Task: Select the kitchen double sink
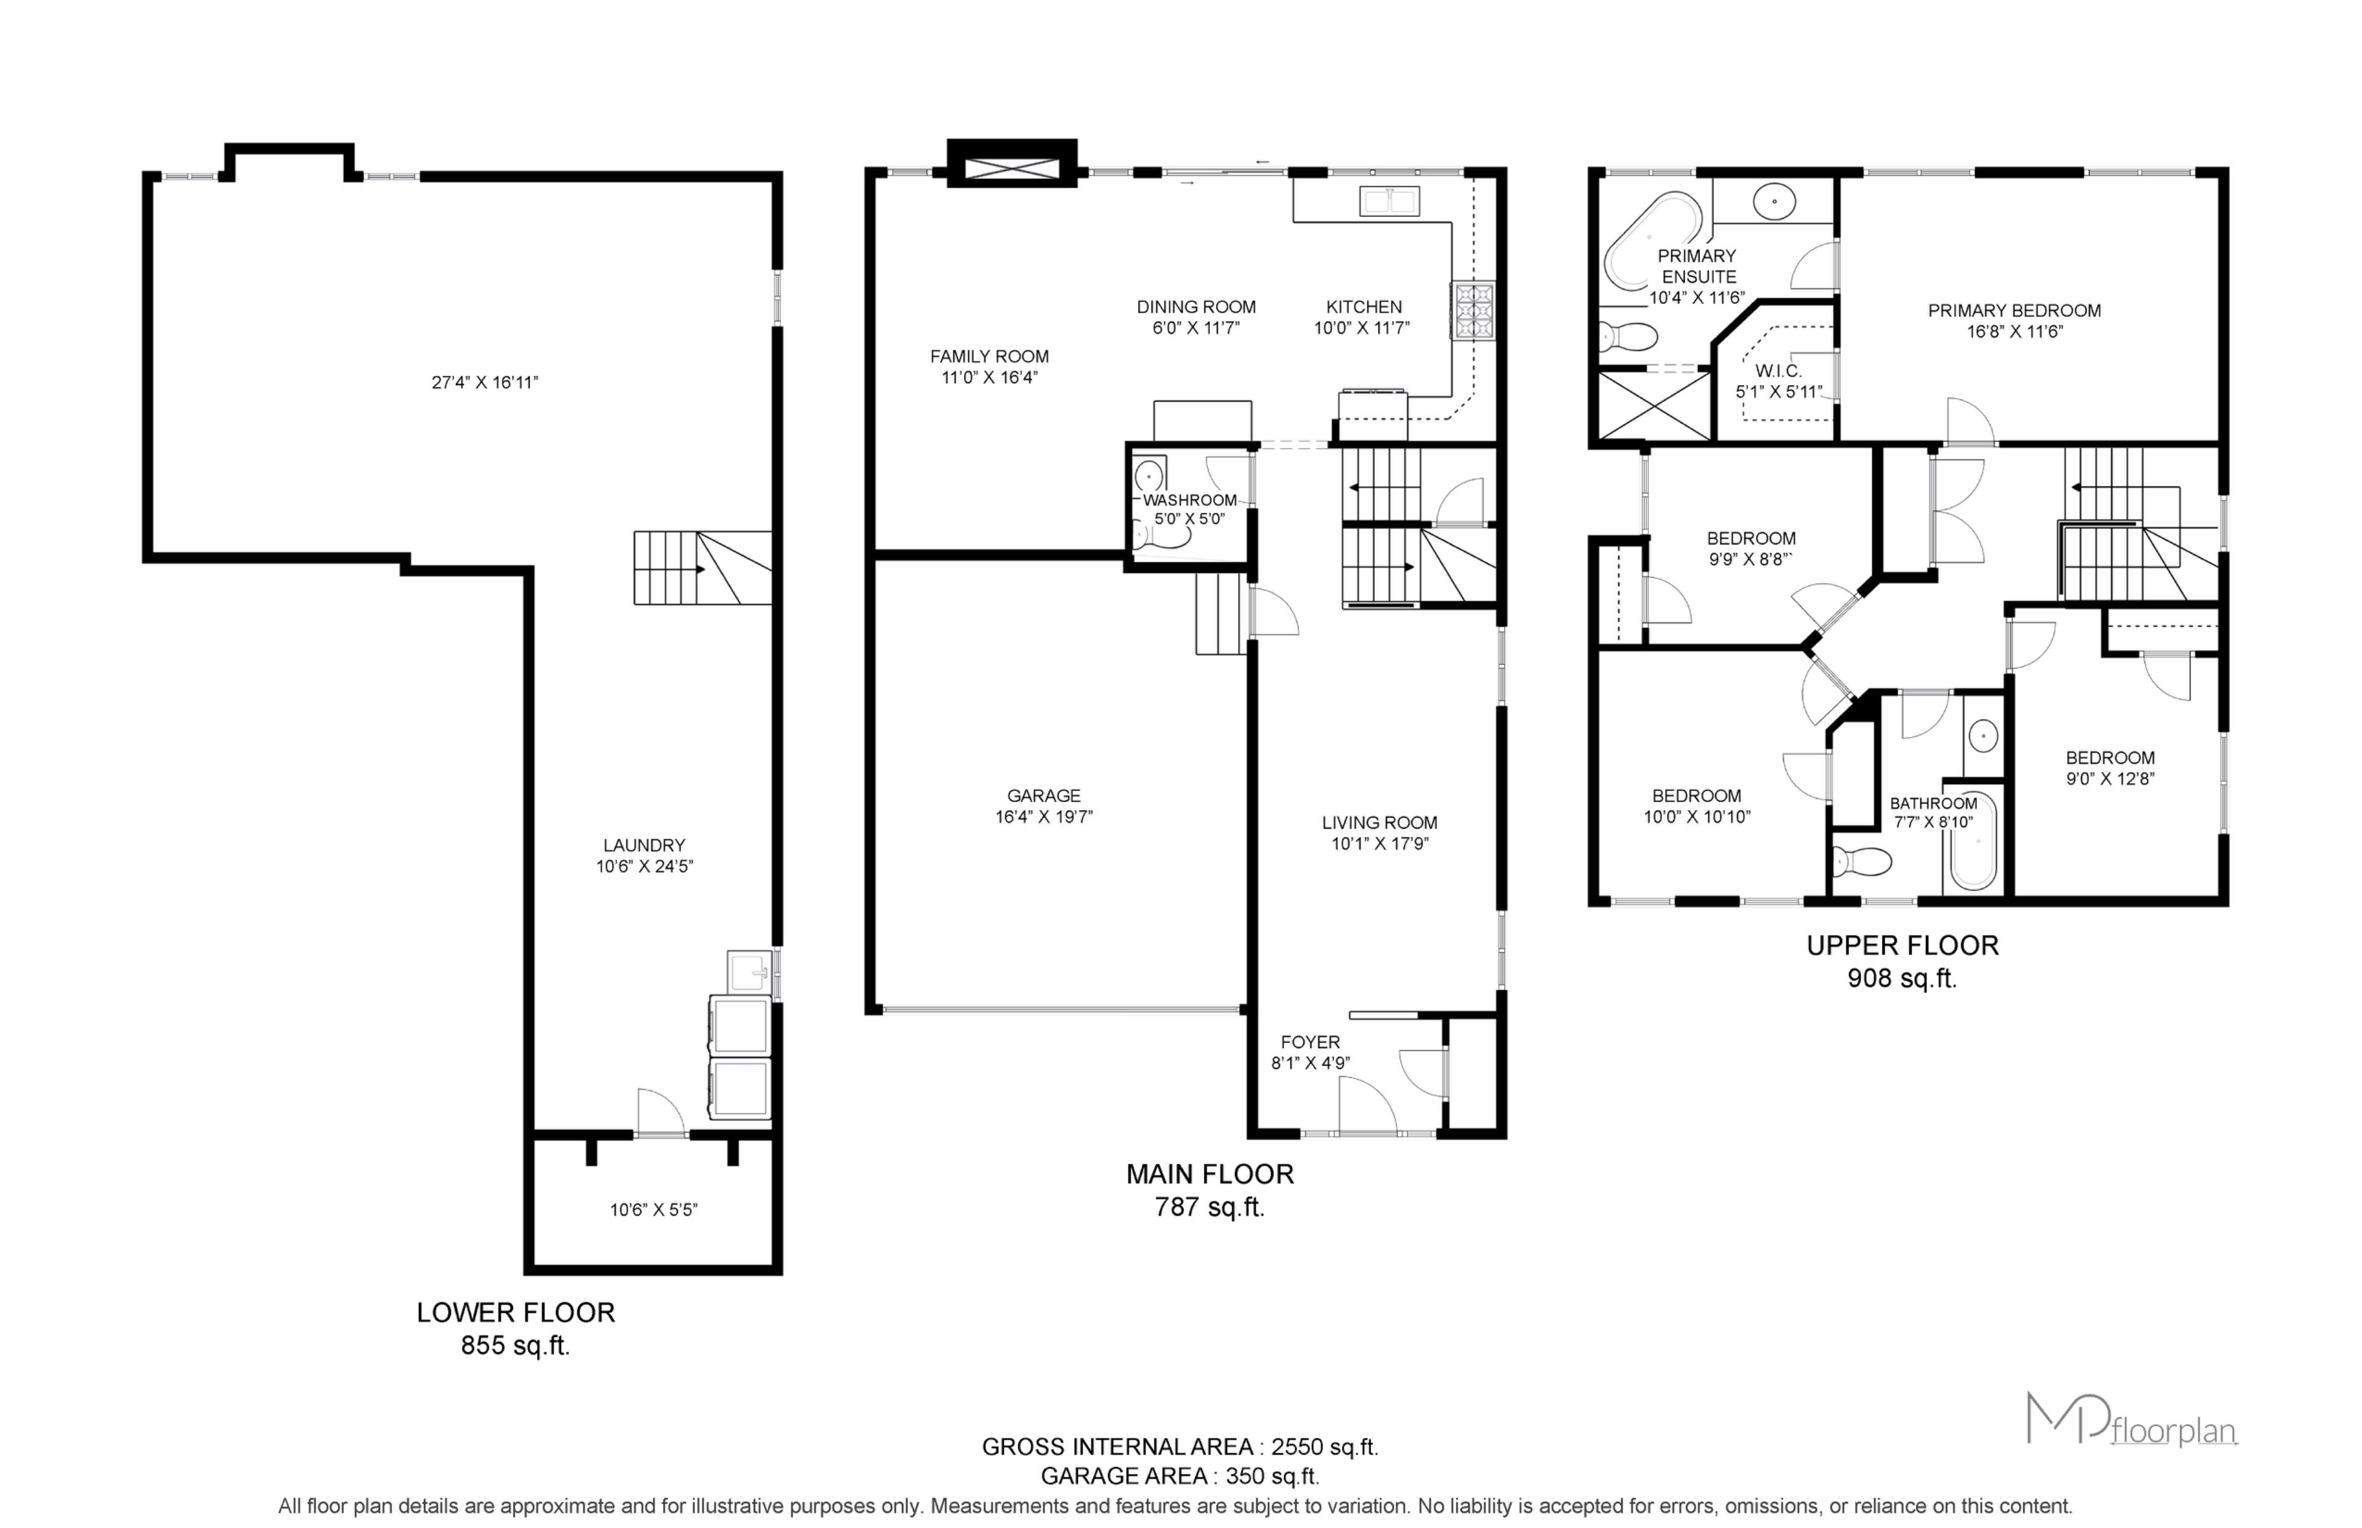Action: click(1389, 201)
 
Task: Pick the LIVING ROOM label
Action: click(1379, 822)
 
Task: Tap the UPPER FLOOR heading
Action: click(1902, 945)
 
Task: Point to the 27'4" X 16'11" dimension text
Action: click(485, 382)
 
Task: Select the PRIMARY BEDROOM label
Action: click(2014, 311)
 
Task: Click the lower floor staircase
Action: click(702, 568)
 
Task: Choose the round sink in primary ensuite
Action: click(1774, 201)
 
